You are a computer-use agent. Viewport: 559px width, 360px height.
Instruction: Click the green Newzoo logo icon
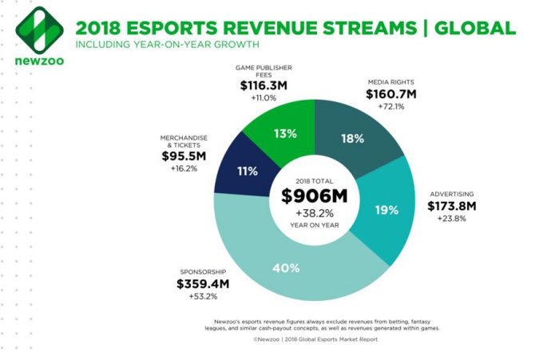[39, 30]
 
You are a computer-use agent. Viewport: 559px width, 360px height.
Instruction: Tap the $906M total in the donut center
[314, 196]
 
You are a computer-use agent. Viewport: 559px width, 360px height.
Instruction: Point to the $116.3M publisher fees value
[266, 83]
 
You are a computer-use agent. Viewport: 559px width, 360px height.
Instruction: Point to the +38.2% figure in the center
[314, 215]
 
